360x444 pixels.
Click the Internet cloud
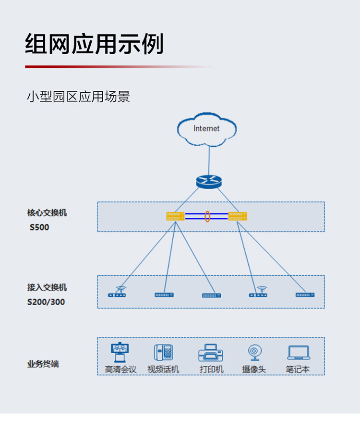tap(207, 129)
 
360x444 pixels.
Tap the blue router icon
tap(209, 182)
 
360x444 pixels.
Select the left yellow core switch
tap(175, 216)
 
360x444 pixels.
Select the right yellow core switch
tap(238, 216)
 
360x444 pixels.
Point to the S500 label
tap(39, 227)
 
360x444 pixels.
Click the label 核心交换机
tap(47, 213)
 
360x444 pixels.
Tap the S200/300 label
tap(46, 302)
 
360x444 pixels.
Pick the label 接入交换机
tap(47, 287)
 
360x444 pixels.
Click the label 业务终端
tap(43, 364)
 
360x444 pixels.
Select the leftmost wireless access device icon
tap(117, 292)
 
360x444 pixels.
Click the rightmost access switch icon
tap(305, 295)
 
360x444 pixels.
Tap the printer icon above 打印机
tap(211, 353)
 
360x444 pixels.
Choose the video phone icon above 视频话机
tap(164, 352)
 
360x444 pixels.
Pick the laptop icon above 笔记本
tap(299, 353)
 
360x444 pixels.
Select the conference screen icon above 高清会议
tap(120, 352)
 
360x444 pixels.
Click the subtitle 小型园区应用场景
tap(78, 97)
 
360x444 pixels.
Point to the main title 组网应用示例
tap(95, 44)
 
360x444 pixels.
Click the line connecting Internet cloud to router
tap(209, 161)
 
